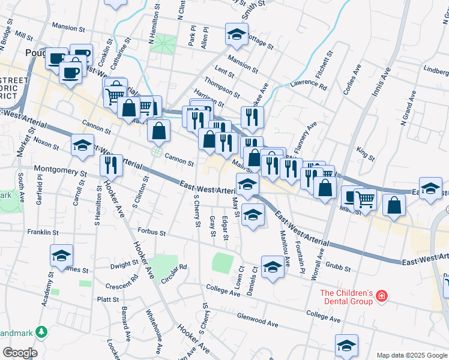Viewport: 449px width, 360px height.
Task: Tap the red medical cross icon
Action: click(380, 296)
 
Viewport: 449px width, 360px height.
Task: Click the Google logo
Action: click(19, 353)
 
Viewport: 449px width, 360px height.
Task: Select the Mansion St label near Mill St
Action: click(69, 27)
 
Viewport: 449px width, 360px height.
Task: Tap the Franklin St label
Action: click(43, 232)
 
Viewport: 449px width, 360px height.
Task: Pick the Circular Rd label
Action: click(175, 268)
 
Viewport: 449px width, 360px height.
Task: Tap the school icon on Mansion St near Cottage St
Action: click(237, 35)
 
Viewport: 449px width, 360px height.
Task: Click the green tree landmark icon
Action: click(41, 331)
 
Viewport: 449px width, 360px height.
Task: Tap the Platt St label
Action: click(108, 299)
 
